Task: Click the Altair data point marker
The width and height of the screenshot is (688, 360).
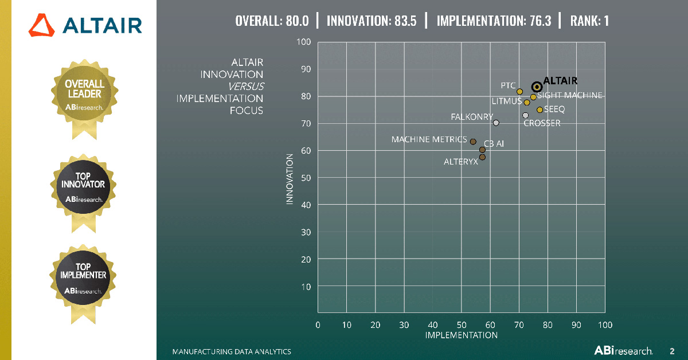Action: pyautogui.click(x=537, y=87)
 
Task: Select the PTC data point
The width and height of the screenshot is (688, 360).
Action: pyautogui.click(x=519, y=92)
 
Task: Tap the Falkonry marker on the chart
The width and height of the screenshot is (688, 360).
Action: pyautogui.click(x=496, y=123)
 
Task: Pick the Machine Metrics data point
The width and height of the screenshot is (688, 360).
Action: pyautogui.click(x=473, y=142)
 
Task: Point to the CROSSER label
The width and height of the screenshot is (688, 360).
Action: pyautogui.click(x=542, y=123)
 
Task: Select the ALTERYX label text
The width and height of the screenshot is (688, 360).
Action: pyautogui.click(x=461, y=162)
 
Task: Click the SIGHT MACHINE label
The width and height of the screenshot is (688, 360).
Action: pyautogui.click(x=570, y=95)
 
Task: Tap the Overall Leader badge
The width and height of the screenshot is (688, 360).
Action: pyautogui.click(x=84, y=95)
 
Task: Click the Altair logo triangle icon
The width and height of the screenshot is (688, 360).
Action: pyautogui.click(x=41, y=25)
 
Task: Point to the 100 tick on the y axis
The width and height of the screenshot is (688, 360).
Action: pyautogui.click(x=303, y=42)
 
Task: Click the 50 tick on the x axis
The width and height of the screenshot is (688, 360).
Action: pyautogui.click(x=462, y=325)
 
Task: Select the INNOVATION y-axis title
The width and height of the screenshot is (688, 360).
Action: pyautogui.click(x=290, y=178)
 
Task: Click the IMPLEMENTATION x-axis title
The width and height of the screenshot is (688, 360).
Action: pyautogui.click(x=461, y=335)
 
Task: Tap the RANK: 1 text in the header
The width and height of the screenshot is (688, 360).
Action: pyautogui.click(x=589, y=21)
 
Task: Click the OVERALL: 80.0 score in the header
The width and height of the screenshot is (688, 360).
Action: pyautogui.click(x=272, y=21)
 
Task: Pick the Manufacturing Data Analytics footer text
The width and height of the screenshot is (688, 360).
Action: pyautogui.click(x=232, y=351)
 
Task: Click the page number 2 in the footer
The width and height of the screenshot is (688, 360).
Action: pyautogui.click(x=672, y=350)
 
